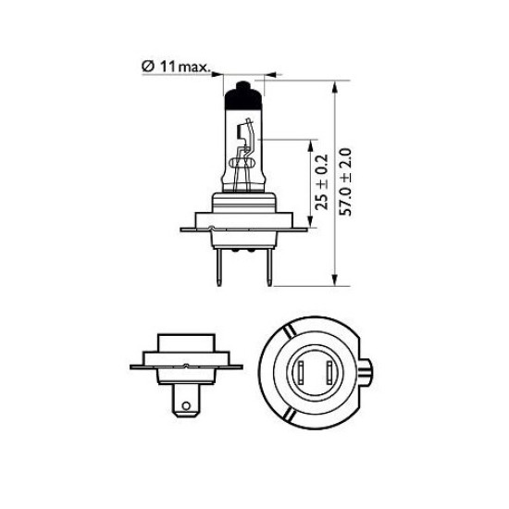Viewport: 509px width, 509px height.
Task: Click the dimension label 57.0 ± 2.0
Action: coord(345,181)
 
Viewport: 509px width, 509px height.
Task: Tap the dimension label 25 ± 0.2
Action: coord(322,182)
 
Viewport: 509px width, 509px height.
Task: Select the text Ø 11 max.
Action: coord(176,67)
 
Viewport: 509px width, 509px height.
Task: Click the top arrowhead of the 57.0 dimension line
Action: coord(335,87)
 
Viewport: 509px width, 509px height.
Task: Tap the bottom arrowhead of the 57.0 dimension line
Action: coord(335,279)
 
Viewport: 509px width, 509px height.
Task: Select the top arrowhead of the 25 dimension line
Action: coord(311,146)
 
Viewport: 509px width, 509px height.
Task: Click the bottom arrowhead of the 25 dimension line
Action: coord(311,221)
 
